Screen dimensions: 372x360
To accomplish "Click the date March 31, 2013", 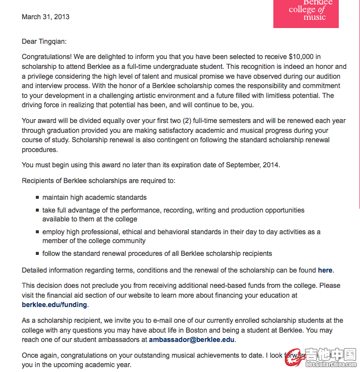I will tap(46, 17).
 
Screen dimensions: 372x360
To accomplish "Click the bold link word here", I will tap(325, 270).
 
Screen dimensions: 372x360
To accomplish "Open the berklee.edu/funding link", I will tap(55, 305).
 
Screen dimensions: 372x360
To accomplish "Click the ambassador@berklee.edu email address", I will tap(192, 340).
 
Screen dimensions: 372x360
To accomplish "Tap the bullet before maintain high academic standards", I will tap(37, 198).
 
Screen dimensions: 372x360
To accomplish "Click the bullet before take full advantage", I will tap(37, 211).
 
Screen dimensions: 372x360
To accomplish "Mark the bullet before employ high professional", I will tap(37, 232).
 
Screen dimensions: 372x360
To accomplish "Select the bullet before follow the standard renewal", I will tap(37, 254).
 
